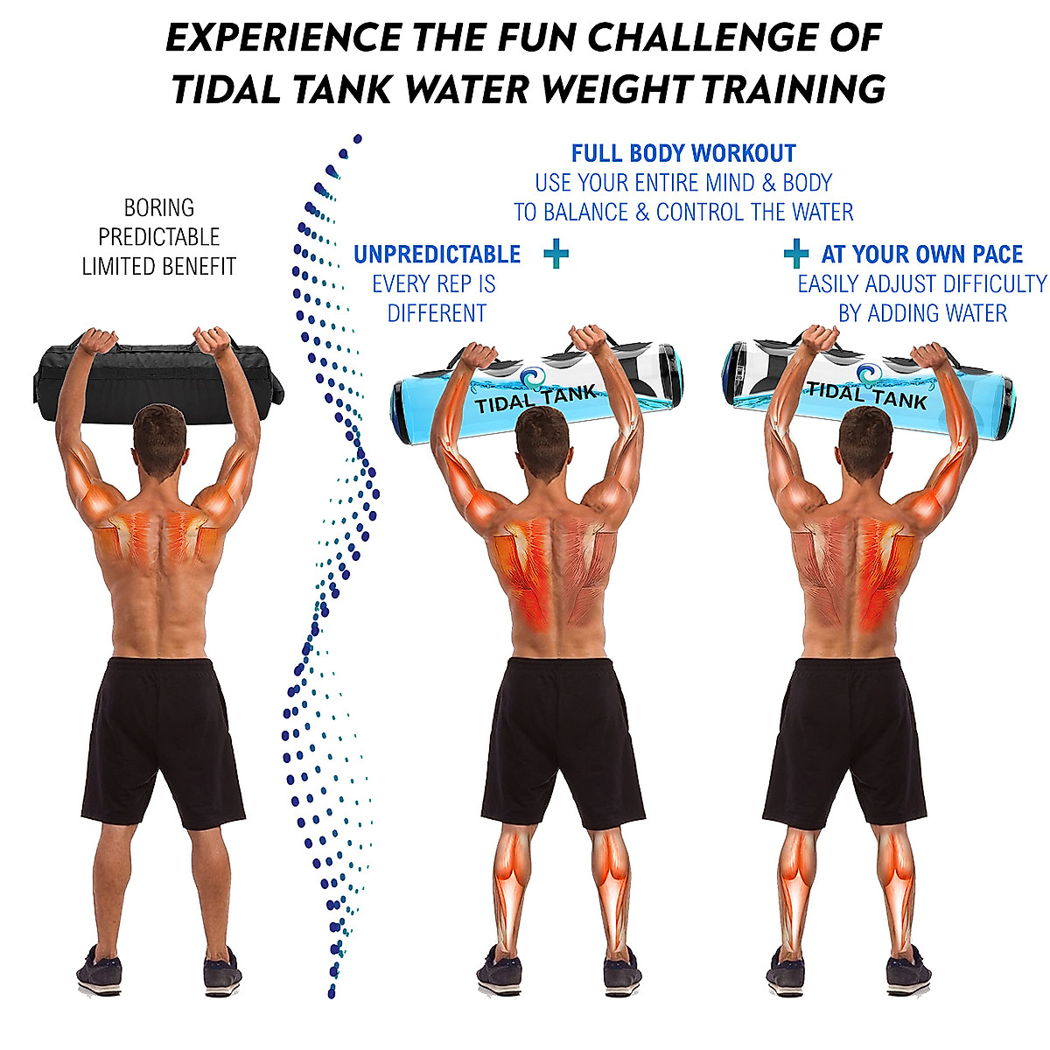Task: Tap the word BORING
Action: tap(158, 208)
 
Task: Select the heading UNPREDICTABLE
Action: tap(437, 255)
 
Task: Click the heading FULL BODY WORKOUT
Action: tap(683, 154)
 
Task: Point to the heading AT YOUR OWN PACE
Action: tap(921, 255)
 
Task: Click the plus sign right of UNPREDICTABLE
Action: tap(556, 255)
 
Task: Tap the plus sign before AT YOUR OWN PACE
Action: tap(795, 255)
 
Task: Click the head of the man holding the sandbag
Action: tap(159, 437)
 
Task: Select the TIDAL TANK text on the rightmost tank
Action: tap(865, 394)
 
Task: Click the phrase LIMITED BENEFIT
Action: tap(158, 267)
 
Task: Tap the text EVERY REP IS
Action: tap(434, 284)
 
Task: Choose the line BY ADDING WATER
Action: tap(922, 313)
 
